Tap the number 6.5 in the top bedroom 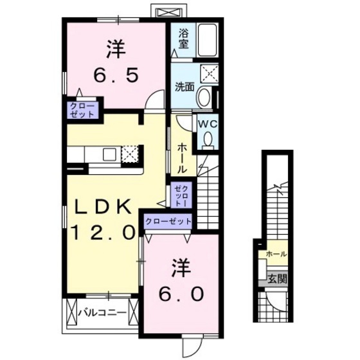[x=116, y=76]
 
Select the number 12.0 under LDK [x=107, y=230]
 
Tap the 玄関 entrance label [x=278, y=279]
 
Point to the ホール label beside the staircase [x=182, y=157]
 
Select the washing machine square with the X [x=210, y=73]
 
